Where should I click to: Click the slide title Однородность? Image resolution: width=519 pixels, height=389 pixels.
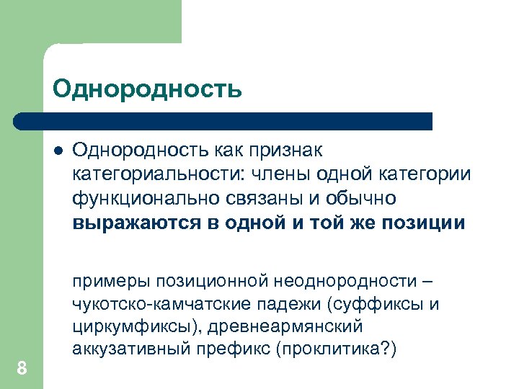(147, 89)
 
